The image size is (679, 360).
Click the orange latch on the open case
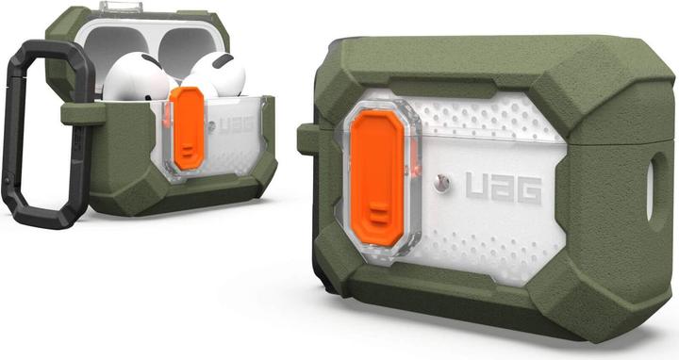pyautogui.click(x=187, y=129)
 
